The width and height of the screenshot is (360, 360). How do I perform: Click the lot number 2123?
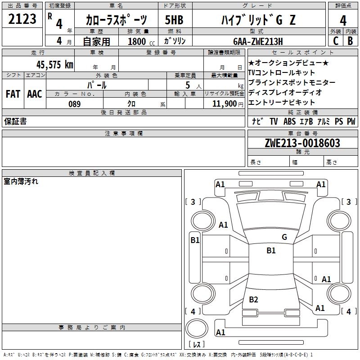click(x=22, y=19)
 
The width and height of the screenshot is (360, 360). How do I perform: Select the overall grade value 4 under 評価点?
click(x=343, y=20)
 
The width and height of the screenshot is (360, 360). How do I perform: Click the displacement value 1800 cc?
click(x=140, y=41)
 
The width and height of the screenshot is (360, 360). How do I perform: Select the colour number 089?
click(x=75, y=104)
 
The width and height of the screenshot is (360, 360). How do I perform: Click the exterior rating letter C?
click(x=335, y=41)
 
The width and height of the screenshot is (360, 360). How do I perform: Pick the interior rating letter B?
click(x=350, y=41)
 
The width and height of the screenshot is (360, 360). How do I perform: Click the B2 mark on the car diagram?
click(x=254, y=300)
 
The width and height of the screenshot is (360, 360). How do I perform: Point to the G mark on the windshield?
click(x=284, y=237)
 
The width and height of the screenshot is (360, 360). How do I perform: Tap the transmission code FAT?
click(x=13, y=94)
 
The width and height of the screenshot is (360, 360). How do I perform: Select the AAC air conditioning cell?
click(x=34, y=94)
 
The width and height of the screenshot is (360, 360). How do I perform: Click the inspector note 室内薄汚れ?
click(x=21, y=182)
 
